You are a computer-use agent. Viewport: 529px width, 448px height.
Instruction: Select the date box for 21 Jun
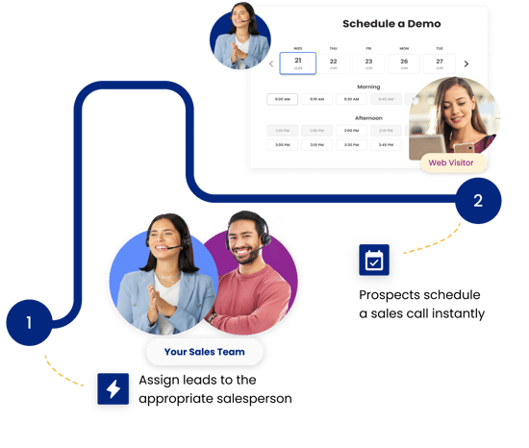tap(298, 62)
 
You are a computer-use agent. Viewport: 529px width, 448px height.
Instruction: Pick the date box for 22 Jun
tap(333, 62)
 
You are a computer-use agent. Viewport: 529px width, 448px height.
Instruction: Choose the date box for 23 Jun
tap(367, 62)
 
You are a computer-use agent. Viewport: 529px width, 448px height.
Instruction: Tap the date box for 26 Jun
tap(403, 62)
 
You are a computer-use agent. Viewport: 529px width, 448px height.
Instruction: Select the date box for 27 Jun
tap(439, 62)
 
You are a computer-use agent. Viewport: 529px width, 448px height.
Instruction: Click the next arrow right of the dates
tap(466, 64)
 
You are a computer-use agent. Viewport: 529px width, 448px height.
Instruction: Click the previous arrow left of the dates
tap(270, 64)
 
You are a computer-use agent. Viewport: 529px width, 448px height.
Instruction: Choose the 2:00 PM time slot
tap(351, 130)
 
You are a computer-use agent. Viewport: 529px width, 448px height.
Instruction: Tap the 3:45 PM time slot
tap(385, 145)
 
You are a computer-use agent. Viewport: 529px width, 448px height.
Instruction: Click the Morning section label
tap(368, 86)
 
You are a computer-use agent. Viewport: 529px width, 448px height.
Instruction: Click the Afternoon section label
tap(368, 118)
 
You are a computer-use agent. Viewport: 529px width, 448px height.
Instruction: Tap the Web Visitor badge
tap(451, 162)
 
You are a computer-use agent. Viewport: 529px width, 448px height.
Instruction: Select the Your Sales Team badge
tap(204, 352)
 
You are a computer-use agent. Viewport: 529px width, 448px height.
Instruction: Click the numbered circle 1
tap(29, 323)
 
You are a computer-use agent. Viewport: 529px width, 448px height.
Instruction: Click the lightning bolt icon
tap(113, 388)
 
